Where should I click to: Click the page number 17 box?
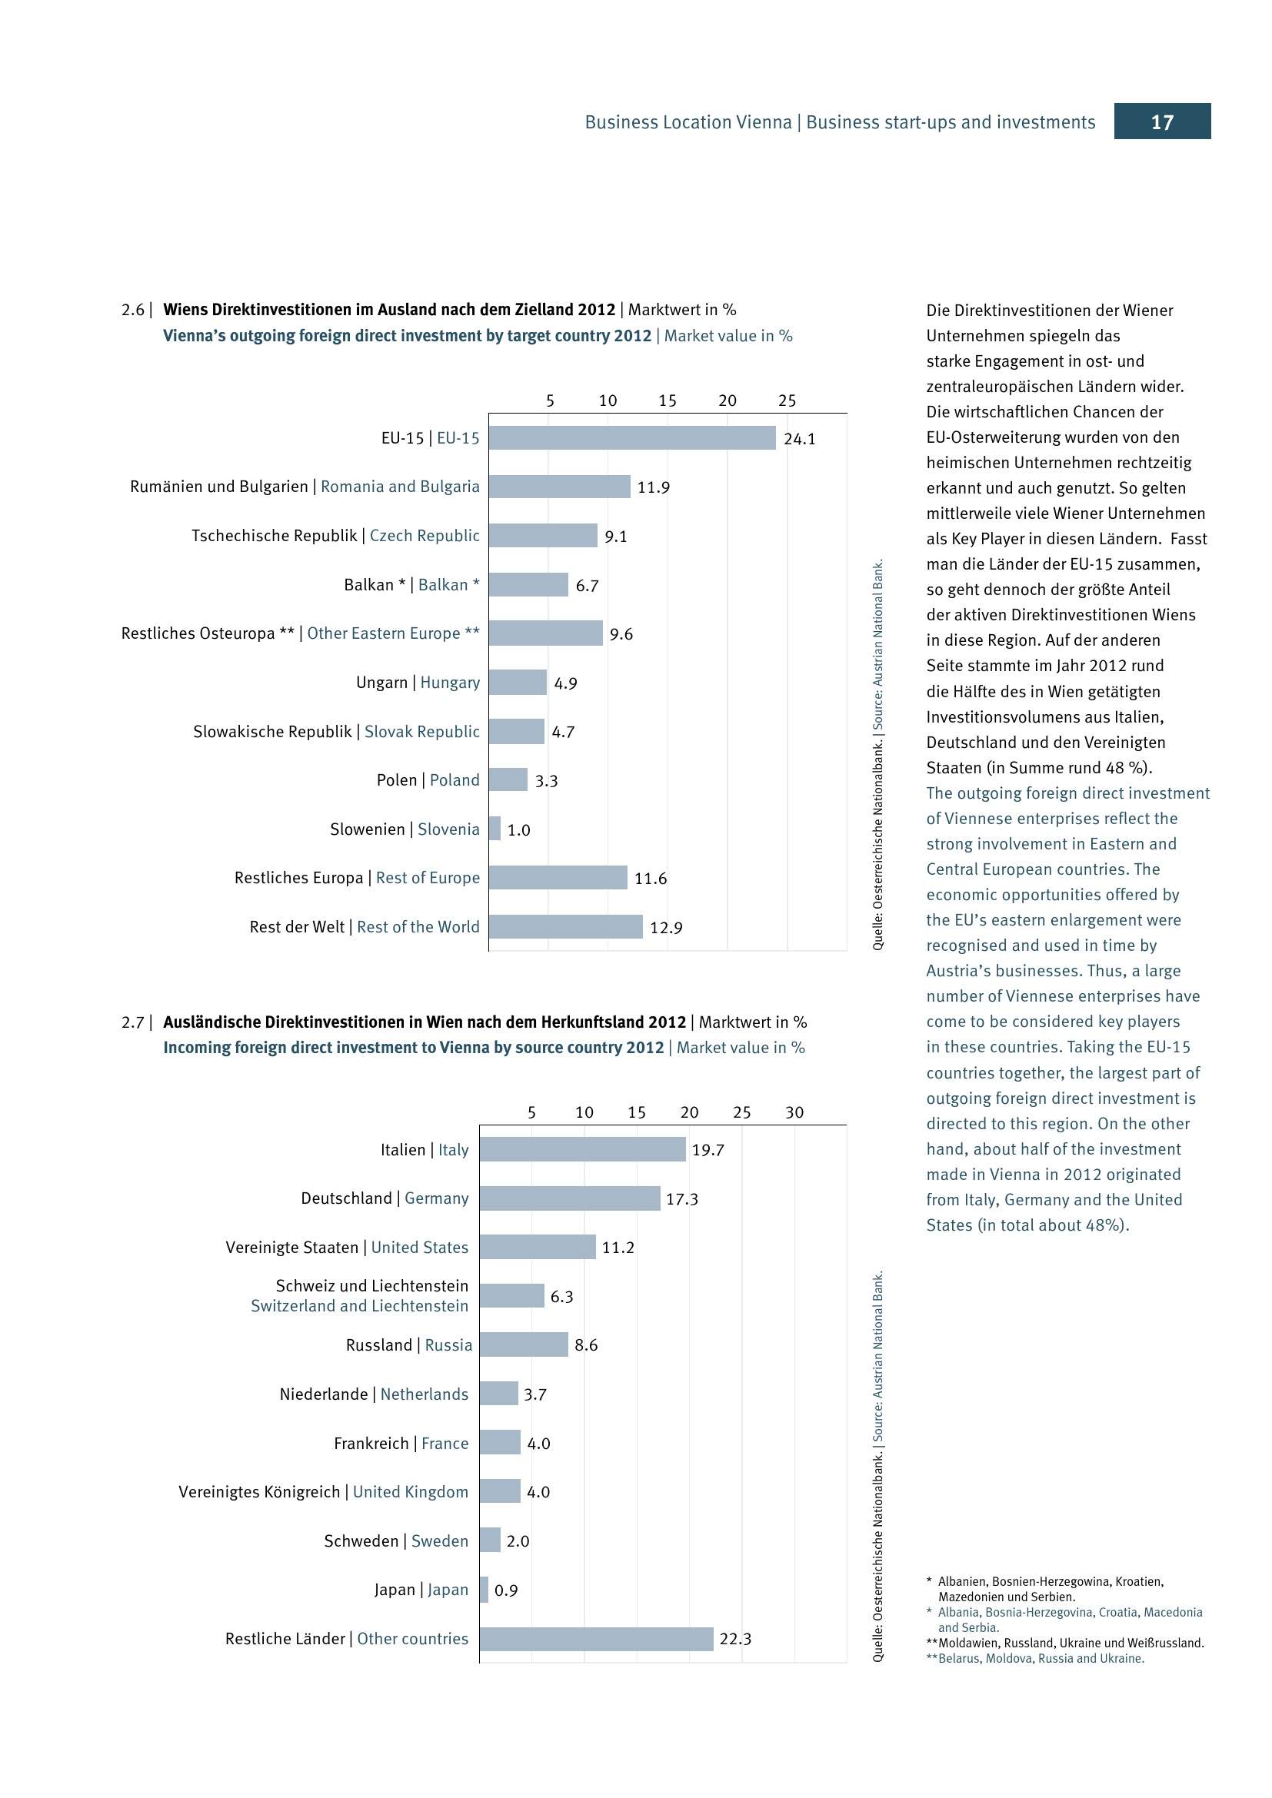click(1161, 121)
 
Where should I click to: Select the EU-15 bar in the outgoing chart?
click(632, 437)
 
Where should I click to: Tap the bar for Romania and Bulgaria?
click(559, 487)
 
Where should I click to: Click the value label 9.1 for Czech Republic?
click(616, 537)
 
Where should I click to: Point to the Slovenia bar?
click(495, 829)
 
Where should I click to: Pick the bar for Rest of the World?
click(565, 926)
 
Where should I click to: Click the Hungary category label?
click(450, 682)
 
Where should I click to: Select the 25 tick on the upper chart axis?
click(788, 400)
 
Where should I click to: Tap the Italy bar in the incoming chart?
click(583, 1148)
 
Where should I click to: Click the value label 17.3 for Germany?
click(681, 1199)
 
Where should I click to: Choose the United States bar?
click(538, 1247)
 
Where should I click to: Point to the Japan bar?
click(484, 1590)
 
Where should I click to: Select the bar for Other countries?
click(597, 1639)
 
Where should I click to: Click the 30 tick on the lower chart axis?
click(794, 1112)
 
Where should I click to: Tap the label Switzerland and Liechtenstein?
click(359, 1305)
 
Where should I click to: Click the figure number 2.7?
click(132, 1022)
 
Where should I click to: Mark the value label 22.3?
click(735, 1639)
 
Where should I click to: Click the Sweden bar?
click(491, 1540)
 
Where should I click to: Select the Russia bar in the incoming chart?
click(524, 1344)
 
